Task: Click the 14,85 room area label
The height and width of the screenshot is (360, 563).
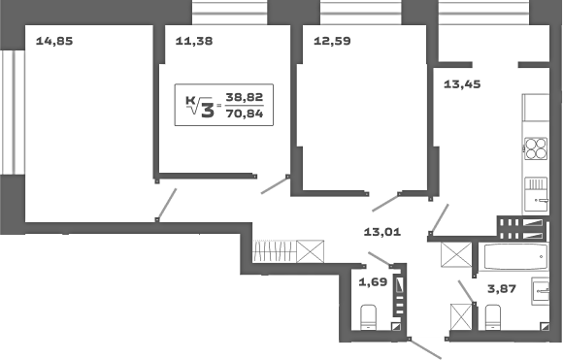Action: [54, 41]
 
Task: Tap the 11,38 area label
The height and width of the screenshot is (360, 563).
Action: [194, 41]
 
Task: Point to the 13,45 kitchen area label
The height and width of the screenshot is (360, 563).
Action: [461, 83]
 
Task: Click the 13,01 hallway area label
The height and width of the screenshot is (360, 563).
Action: [382, 232]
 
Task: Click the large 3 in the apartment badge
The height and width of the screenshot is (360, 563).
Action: [206, 107]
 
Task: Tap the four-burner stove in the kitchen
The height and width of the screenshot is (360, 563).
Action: [536, 147]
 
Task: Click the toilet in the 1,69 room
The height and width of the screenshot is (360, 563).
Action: [369, 316]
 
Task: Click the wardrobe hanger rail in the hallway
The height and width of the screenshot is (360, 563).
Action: [275, 250]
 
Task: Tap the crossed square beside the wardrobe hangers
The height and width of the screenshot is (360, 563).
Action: [312, 250]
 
